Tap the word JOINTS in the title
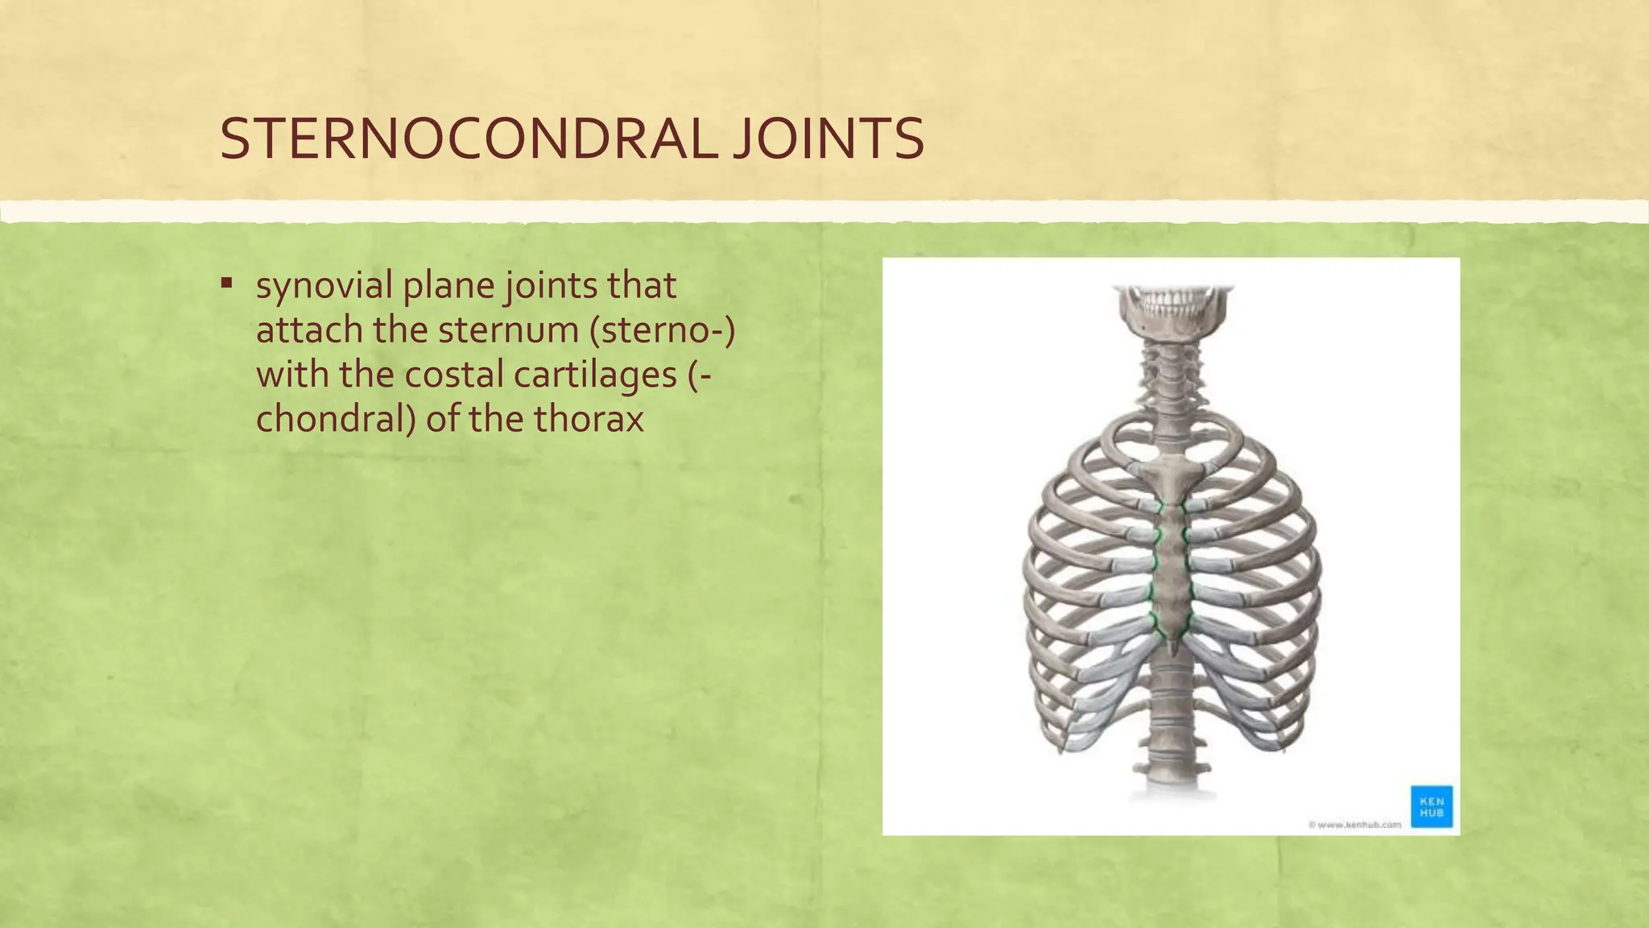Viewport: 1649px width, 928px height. (829, 139)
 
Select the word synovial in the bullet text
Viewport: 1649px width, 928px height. (324, 286)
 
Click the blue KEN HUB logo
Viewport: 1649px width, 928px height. (1432, 806)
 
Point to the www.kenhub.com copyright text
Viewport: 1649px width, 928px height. (1354, 824)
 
